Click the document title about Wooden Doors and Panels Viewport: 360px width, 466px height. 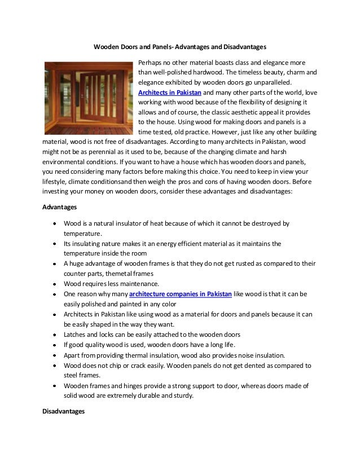click(x=179, y=45)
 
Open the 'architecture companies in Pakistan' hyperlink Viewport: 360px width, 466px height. click(x=181, y=294)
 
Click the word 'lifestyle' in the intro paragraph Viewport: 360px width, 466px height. click(x=56, y=182)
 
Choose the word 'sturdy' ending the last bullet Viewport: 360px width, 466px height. click(x=182, y=395)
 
